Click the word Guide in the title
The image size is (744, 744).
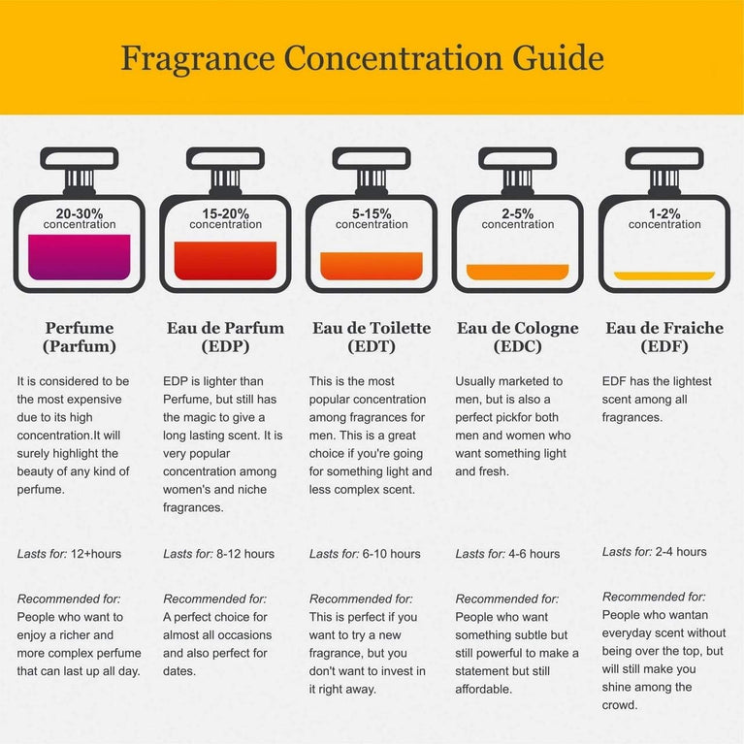coord(558,58)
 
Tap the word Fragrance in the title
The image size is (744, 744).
coord(198,58)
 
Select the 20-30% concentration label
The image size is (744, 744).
coord(80,219)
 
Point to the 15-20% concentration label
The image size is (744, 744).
coord(225,219)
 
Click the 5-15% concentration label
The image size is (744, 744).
coord(372,219)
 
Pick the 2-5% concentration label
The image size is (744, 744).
coord(518,219)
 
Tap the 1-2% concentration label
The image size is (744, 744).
coord(664,219)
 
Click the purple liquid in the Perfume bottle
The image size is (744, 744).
coord(80,257)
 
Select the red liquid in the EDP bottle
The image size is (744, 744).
coord(225,261)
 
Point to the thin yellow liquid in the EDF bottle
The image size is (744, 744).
coord(664,275)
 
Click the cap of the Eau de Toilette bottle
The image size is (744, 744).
coord(372,158)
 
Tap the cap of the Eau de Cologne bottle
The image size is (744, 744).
coord(518,158)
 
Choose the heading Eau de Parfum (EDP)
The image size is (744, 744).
coord(225,337)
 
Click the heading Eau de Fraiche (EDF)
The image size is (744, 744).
coord(664,337)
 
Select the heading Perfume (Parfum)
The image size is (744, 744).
coord(80,337)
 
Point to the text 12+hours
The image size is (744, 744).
coord(96,554)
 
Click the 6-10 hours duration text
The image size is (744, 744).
coord(392,554)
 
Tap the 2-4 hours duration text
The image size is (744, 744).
coord(681,552)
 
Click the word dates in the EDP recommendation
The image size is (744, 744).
coord(178,671)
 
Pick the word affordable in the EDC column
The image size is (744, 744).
coord(483,689)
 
